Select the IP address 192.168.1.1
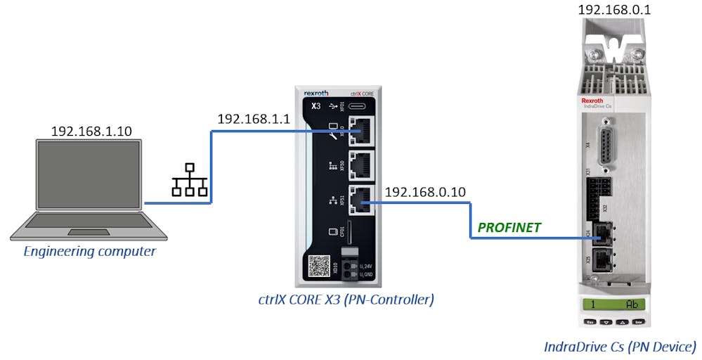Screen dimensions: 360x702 (253, 119)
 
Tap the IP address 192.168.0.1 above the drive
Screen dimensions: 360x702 (613, 10)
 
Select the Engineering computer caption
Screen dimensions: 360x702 (89, 251)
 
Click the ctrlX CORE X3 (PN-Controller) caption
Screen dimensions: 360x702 (346, 300)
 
